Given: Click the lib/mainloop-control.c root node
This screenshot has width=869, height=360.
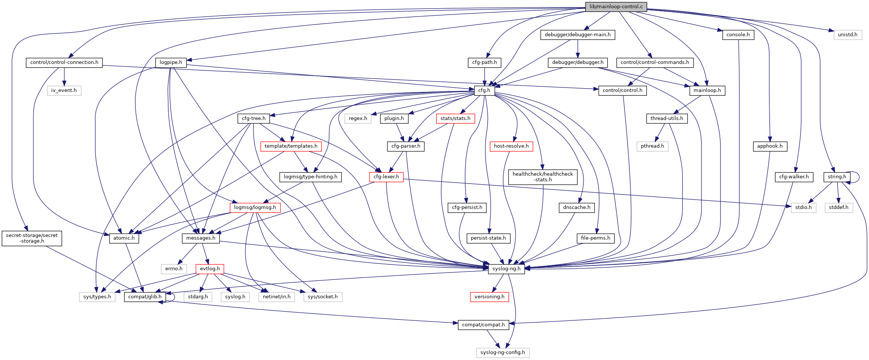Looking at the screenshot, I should click(616, 7).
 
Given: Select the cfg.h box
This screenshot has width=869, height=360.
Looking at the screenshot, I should click(484, 90).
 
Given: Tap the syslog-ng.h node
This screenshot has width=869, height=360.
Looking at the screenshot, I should click(506, 269).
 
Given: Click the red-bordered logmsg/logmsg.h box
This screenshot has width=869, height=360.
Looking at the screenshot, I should click(255, 207).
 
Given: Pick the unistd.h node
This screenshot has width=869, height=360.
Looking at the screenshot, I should click(848, 35).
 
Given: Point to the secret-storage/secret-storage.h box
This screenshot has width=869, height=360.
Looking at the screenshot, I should click(32, 238).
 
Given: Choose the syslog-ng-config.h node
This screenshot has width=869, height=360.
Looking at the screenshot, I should click(503, 353).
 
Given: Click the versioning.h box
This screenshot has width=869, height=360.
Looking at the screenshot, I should click(489, 297).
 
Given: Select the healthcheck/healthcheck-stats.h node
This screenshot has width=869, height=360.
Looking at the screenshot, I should click(543, 177).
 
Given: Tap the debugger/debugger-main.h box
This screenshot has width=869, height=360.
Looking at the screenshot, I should click(577, 35).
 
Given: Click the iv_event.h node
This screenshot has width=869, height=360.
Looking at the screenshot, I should click(64, 90).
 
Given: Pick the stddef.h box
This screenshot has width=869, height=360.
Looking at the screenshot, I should click(839, 207).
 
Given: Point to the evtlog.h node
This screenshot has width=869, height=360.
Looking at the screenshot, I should click(210, 269).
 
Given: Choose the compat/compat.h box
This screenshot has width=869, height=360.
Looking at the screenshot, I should click(483, 325).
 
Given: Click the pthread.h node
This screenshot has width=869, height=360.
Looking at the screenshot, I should click(652, 146).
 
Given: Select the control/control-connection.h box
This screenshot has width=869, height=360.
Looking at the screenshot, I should click(64, 62).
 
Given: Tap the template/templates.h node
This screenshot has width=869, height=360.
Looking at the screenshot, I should click(291, 146).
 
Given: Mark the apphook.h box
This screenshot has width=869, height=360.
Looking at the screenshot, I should click(770, 146).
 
